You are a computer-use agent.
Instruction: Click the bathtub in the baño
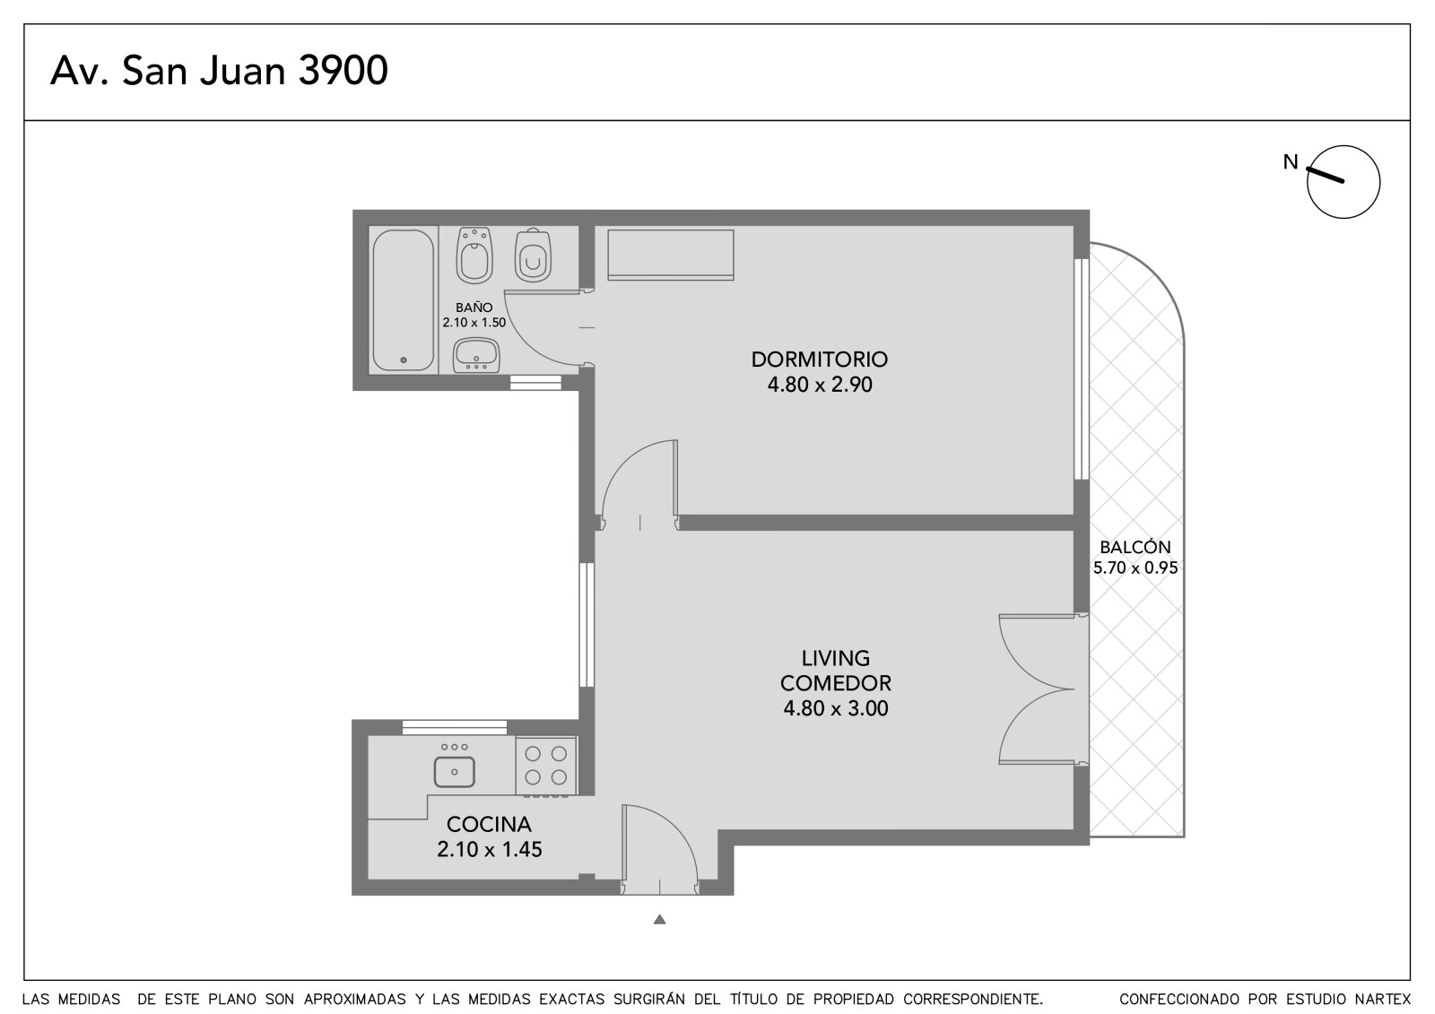pyautogui.click(x=403, y=299)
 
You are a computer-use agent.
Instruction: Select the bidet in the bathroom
pyautogui.click(x=474, y=255)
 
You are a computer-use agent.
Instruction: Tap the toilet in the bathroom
pyautogui.click(x=533, y=255)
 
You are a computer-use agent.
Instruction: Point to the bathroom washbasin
pyautogui.click(x=476, y=355)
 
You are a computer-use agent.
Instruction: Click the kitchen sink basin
pyautogui.click(x=454, y=771)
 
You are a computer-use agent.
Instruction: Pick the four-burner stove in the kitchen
pyautogui.click(x=546, y=766)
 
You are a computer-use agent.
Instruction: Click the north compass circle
pyautogui.click(x=1344, y=182)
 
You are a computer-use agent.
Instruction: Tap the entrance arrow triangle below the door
pyautogui.click(x=660, y=919)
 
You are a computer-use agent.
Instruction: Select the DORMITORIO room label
pyautogui.click(x=820, y=360)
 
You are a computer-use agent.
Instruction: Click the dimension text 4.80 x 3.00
pyautogui.click(x=835, y=707)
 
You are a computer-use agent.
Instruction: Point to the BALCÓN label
pyautogui.click(x=1135, y=547)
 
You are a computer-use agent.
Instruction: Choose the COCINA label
pyautogui.click(x=489, y=824)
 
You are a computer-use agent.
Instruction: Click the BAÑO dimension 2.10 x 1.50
pyautogui.click(x=474, y=322)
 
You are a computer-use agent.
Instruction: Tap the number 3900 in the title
pyautogui.click(x=344, y=71)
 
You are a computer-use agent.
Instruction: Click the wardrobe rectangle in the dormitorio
pyautogui.click(x=670, y=255)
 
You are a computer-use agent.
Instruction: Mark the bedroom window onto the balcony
pyautogui.click(x=1082, y=369)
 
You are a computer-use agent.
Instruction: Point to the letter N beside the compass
pyautogui.click(x=1291, y=162)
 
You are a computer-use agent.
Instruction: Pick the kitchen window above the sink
pyautogui.click(x=454, y=728)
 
